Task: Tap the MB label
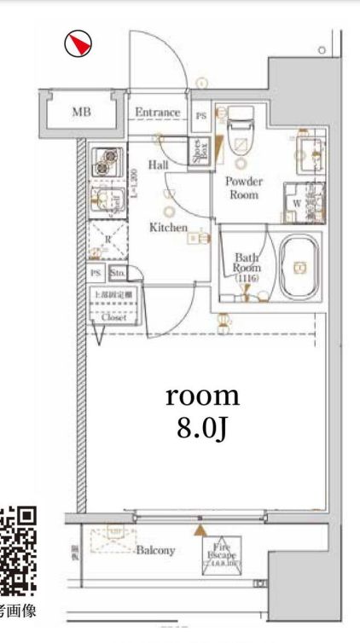[x=82, y=112]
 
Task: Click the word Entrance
[x=158, y=112]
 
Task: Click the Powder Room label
[x=244, y=188]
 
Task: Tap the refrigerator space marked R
[x=107, y=240]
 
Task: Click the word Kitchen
[x=169, y=228]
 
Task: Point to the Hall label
[x=158, y=165]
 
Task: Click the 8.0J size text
[x=201, y=427]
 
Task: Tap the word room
[x=201, y=396]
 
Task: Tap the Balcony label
[x=155, y=551]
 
